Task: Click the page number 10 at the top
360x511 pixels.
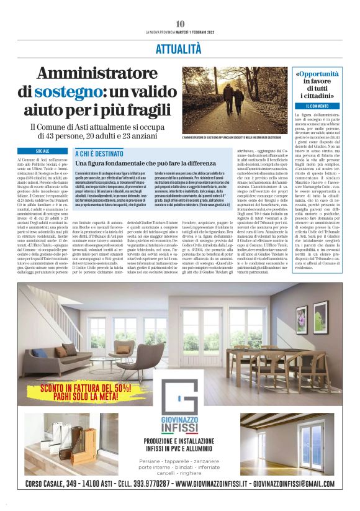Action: [x=179, y=24]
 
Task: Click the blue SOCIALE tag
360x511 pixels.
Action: [x=42, y=151]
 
